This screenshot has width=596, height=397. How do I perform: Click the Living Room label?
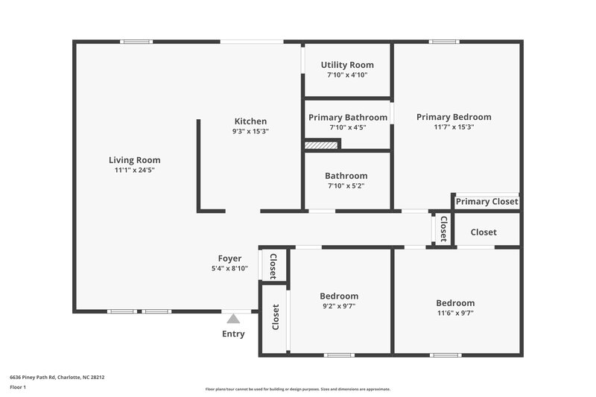point(134,159)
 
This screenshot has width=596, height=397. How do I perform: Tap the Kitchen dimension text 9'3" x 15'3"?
point(250,131)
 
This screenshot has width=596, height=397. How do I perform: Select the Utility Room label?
point(347,65)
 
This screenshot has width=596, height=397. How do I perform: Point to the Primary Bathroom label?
point(348,117)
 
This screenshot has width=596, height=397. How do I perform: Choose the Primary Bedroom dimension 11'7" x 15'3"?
point(454,127)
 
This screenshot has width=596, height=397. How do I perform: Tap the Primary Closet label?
point(486,201)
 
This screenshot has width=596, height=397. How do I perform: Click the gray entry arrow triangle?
point(233,319)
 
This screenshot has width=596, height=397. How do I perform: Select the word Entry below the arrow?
point(233,334)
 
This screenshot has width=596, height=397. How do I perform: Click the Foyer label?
point(229,258)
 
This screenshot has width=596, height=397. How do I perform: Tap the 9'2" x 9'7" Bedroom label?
point(339,296)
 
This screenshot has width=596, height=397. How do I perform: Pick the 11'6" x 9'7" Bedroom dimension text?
point(455,313)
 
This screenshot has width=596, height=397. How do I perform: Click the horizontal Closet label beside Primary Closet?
point(484,232)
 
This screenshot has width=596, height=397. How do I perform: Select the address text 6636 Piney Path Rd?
point(57,377)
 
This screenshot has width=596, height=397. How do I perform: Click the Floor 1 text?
point(18,387)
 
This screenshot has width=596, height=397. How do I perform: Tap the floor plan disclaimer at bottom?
point(297,389)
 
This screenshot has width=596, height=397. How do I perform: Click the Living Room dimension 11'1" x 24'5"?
point(134,170)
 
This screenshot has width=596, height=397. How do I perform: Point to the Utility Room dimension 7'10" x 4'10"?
point(347,74)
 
